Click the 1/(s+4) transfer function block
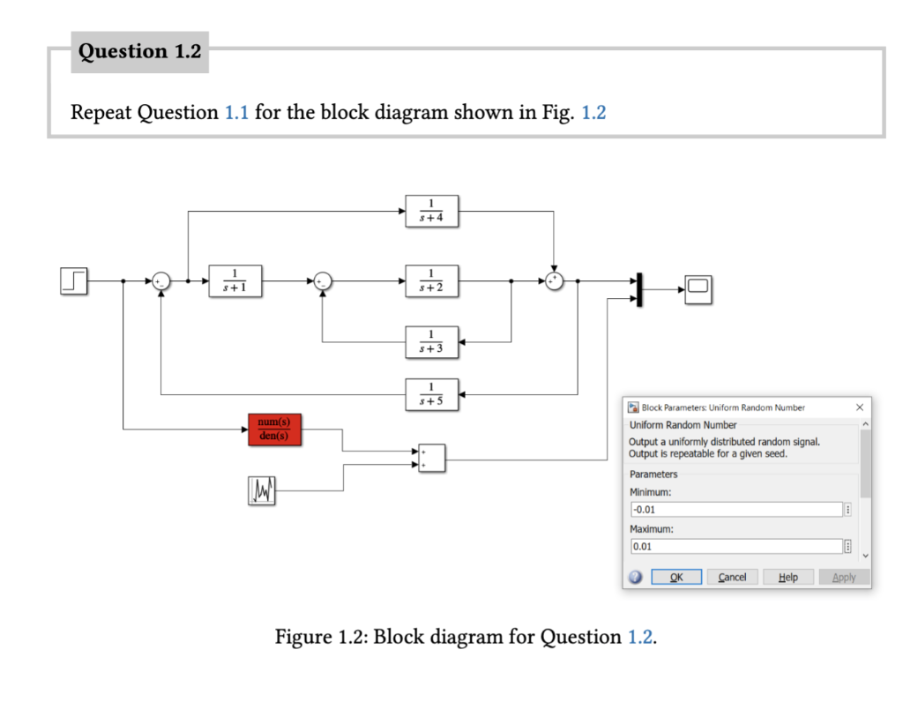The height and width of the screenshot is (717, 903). click(x=431, y=211)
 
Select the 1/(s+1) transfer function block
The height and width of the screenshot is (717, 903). click(x=235, y=280)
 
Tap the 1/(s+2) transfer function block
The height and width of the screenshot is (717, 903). click(x=431, y=280)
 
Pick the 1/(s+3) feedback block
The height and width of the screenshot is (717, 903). click(x=431, y=341)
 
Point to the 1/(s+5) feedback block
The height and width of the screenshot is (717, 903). click(x=431, y=393)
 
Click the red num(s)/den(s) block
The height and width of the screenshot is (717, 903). click(x=274, y=429)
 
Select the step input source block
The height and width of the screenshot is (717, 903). click(x=74, y=280)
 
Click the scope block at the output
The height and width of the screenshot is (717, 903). click(x=698, y=289)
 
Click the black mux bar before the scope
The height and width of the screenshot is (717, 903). click(x=639, y=289)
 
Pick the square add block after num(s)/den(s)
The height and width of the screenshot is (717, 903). click(x=431, y=459)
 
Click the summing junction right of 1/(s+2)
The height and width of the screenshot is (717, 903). click(x=554, y=280)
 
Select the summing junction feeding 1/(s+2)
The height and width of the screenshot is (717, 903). click(x=322, y=280)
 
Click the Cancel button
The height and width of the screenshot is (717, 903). click(x=732, y=577)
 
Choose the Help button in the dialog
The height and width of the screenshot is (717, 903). click(x=787, y=577)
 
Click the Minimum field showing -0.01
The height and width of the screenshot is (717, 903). click(x=735, y=510)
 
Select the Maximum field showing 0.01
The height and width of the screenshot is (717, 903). click(x=735, y=547)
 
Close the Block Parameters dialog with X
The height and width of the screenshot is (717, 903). click(x=859, y=407)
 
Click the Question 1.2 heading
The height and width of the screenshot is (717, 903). click(x=140, y=52)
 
